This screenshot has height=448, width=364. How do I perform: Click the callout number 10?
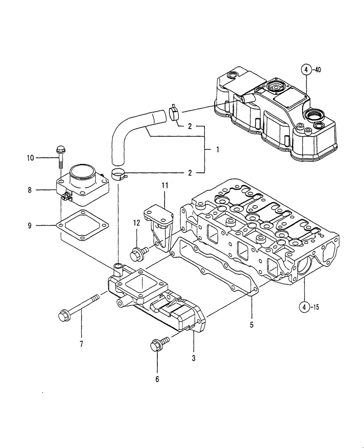tap(30, 158)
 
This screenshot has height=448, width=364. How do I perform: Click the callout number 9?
tap(30, 225)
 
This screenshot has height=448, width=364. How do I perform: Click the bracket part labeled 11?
tap(159, 224)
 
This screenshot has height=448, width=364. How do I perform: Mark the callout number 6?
tap(157, 379)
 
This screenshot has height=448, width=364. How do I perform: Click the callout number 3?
tap(194, 358)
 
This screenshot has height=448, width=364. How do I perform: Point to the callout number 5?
tap(251, 324)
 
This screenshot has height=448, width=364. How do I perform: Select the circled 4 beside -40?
tap(306, 69)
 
